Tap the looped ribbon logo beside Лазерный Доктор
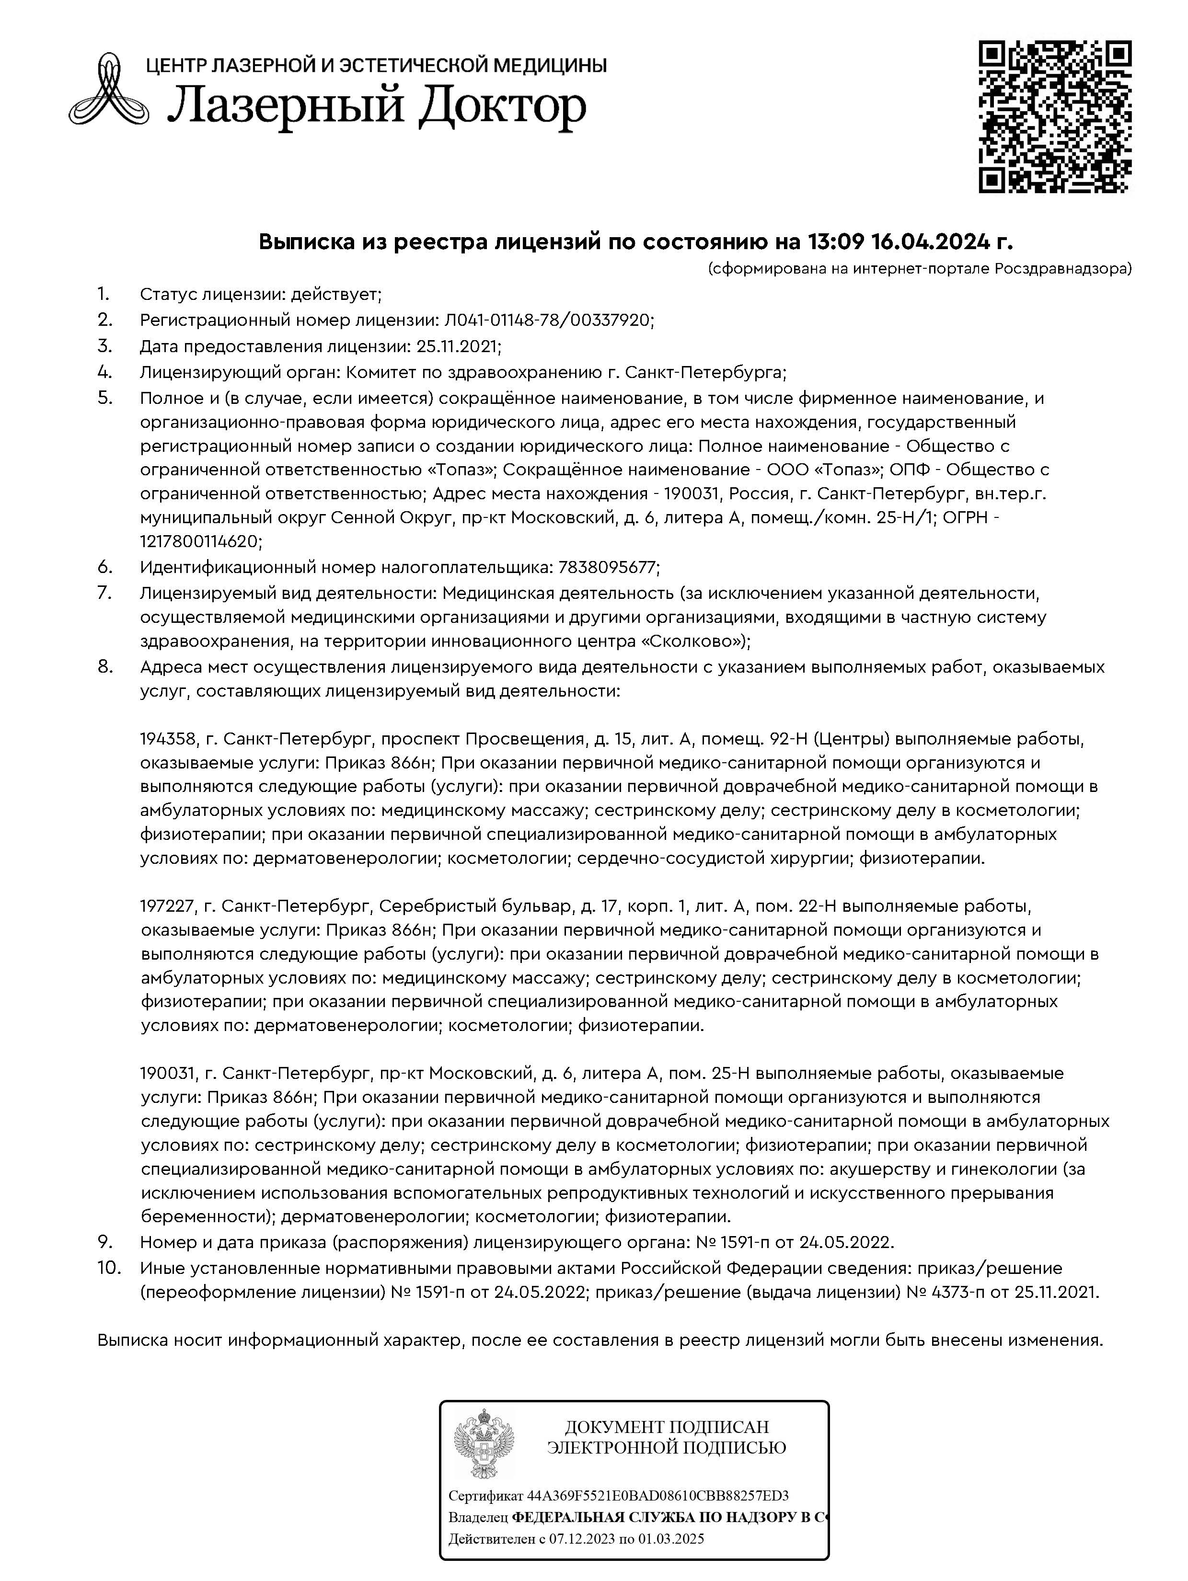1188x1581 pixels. tap(109, 92)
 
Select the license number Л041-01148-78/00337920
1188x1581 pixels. tap(548, 320)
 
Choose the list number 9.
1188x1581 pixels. tap(105, 1241)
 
